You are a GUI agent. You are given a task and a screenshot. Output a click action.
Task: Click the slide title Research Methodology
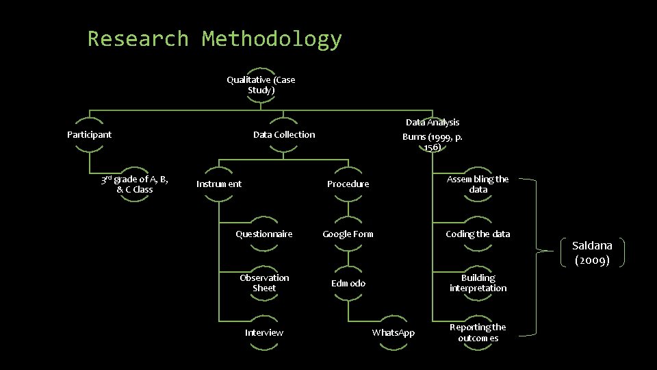pyautogui.click(x=214, y=39)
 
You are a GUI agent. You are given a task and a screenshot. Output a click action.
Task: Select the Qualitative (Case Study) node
pyautogui.click(x=261, y=85)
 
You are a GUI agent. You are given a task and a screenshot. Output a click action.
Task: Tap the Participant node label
pyautogui.click(x=89, y=134)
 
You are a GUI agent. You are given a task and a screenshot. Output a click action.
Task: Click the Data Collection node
pyautogui.click(x=284, y=134)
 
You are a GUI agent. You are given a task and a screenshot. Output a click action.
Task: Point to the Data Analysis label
pyautogui.click(x=433, y=123)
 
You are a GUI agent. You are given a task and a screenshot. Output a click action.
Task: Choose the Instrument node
pyautogui.click(x=219, y=184)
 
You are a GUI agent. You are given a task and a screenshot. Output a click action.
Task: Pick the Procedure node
pyautogui.click(x=348, y=184)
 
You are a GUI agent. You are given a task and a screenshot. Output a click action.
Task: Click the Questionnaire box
pyautogui.click(x=263, y=234)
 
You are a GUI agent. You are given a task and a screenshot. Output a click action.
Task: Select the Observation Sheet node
pyautogui.click(x=264, y=283)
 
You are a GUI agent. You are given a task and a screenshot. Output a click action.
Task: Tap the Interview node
pyautogui.click(x=264, y=332)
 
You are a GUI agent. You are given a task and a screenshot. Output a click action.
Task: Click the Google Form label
pyautogui.click(x=348, y=234)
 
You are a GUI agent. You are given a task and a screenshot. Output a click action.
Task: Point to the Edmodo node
pyautogui.click(x=348, y=283)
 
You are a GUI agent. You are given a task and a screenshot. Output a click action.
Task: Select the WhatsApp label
pyautogui.click(x=394, y=332)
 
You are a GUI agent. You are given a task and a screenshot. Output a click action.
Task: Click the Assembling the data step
pyautogui.click(x=478, y=184)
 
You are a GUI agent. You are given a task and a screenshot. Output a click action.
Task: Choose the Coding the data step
pyautogui.click(x=478, y=234)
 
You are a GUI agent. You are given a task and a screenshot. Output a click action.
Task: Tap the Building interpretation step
pyautogui.click(x=478, y=283)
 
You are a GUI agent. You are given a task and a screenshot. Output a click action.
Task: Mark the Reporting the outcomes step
pyautogui.click(x=478, y=332)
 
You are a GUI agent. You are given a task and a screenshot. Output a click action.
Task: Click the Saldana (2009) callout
pyautogui.click(x=592, y=252)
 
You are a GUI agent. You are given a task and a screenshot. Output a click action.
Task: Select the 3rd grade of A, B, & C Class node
pyautogui.click(x=134, y=184)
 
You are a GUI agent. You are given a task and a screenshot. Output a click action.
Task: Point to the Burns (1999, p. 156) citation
pyautogui.click(x=433, y=141)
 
